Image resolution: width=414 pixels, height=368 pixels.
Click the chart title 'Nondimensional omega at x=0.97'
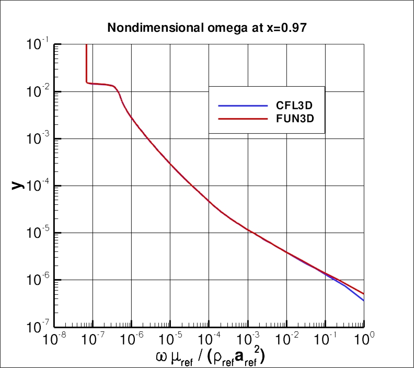pos(206,28)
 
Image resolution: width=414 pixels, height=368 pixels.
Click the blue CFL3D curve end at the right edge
pos(363,300)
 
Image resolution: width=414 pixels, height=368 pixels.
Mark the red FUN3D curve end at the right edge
pos(363,293)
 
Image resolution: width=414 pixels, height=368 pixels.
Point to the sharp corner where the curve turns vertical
pos(86,82)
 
